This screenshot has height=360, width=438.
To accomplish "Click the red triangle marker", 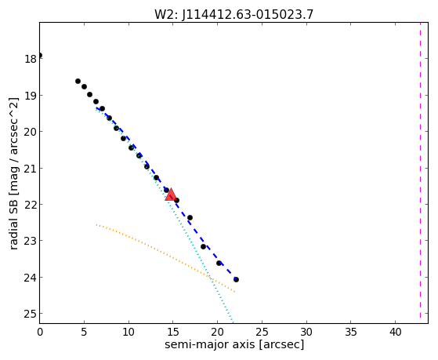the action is (x=170, y=195).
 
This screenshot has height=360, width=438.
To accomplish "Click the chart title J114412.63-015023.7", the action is (x=248, y=14).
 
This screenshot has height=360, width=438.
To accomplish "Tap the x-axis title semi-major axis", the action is (x=210, y=344).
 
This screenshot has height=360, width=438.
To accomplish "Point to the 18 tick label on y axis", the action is (x=31, y=59).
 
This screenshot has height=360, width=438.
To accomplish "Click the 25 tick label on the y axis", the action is (x=31, y=315).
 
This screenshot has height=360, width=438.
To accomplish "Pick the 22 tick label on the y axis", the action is (x=31, y=205).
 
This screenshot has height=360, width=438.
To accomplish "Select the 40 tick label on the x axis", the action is (x=395, y=332).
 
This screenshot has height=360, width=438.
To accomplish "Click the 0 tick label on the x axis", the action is (x=40, y=332).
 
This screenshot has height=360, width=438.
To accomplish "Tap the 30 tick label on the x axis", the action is (x=306, y=332).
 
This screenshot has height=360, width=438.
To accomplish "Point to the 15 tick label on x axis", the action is (x=173, y=332).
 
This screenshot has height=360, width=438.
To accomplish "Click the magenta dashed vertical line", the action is (x=420, y=170).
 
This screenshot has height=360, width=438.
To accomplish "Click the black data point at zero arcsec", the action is (x=40, y=56).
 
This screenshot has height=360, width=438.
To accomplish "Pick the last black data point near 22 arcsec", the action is (x=236, y=279).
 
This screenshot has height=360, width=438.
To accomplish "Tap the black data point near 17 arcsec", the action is (x=190, y=217).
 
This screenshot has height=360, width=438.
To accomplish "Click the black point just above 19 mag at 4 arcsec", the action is (x=78, y=82).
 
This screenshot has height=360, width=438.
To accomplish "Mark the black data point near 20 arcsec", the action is (x=219, y=264).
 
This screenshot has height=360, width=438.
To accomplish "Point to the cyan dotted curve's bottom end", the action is (x=233, y=322).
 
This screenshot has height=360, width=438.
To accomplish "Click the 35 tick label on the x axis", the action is (x=351, y=332).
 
